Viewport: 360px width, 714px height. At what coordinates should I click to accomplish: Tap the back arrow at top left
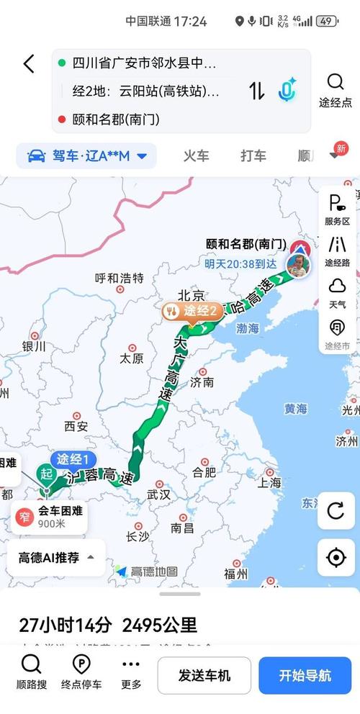(x=28, y=64)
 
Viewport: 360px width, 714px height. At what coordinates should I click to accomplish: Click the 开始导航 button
(x=305, y=675)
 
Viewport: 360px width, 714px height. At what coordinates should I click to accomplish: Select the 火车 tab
(x=196, y=155)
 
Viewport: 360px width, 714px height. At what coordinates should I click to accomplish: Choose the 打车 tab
(x=253, y=155)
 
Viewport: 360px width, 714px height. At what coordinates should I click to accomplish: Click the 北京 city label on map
(x=192, y=294)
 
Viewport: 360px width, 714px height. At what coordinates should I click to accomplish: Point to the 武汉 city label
(x=158, y=494)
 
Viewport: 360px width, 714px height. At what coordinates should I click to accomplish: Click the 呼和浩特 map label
(x=120, y=278)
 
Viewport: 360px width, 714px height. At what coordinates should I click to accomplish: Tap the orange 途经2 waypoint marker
(x=192, y=311)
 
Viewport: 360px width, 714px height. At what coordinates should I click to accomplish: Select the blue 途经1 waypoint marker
(x=73, y=459)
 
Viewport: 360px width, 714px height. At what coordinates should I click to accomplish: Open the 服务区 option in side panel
(x=336, y=209)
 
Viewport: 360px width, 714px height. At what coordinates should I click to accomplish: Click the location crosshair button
(x=336, y=557)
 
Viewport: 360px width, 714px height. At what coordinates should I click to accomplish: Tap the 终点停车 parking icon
(x=81, y=672)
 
